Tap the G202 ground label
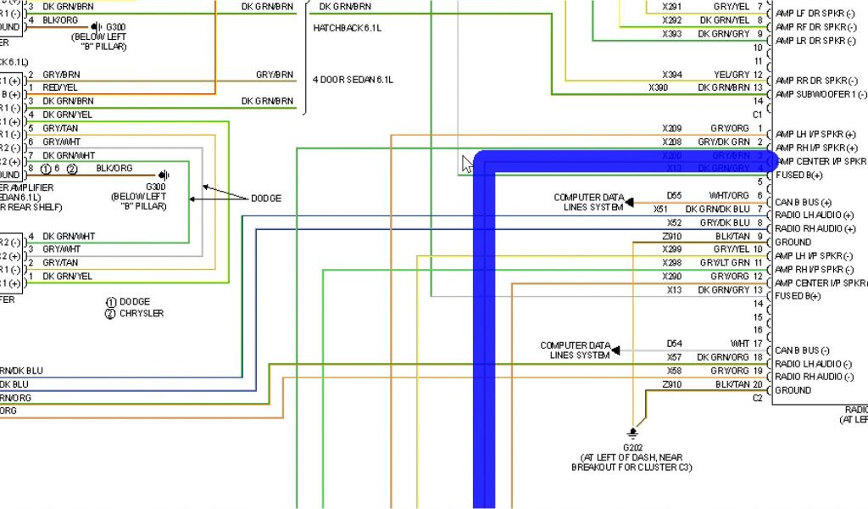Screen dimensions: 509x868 (x=633, y=446)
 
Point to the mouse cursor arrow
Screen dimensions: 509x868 (x=467, y=163)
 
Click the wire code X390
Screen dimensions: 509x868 (x=659, y=87)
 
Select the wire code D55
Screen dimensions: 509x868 (x=674, y=195)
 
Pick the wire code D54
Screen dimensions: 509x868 (x=674, y=344)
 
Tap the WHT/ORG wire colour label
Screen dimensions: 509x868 (x=729, y=195)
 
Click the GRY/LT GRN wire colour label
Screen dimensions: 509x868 (x=726, y=263)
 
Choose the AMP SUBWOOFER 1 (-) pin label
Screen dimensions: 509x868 (x=821, y=94)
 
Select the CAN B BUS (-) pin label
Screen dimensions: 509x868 (x=806, y=350)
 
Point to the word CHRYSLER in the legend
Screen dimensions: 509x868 (x=141, y=314)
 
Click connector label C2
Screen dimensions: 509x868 (x=757, y=398)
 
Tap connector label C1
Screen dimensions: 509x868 (x=757, y=114)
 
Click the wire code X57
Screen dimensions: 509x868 (x=673, y=357)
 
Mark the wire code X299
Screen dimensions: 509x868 (x=672, y=249)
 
